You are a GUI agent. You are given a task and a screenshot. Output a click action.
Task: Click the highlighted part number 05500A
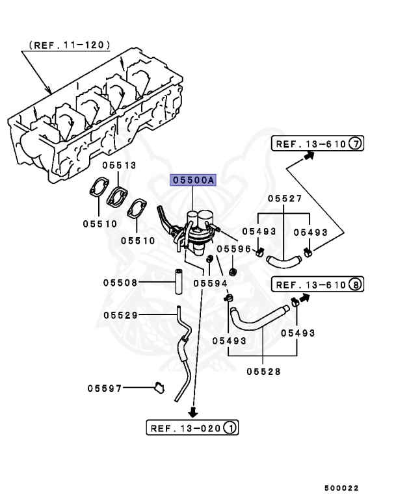click(x=192, y=181)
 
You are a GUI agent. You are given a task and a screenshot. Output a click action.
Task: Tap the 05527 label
click(x=284, y=199)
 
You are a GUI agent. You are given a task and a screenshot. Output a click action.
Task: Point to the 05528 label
click(x=263, y=371)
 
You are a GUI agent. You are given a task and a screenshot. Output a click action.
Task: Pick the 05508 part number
click(x=120, y=282)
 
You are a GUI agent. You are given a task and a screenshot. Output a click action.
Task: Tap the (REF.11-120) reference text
click(x=70, y=46)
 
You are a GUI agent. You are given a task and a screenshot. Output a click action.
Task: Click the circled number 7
click(x=355, y=144)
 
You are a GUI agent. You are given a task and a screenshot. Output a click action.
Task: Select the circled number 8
click(x=355, y=285)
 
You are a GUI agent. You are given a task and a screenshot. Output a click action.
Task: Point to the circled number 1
click(x=230, y=428)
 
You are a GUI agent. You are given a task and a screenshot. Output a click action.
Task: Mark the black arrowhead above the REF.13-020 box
click(x=192, y=411)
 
